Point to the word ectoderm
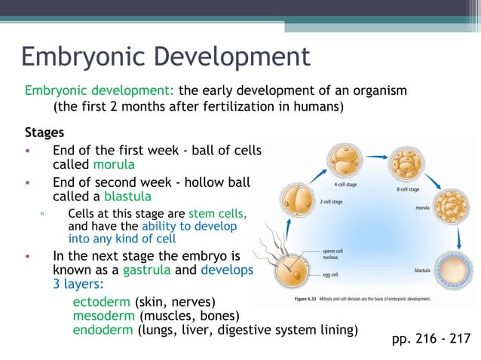pos(100,301)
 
